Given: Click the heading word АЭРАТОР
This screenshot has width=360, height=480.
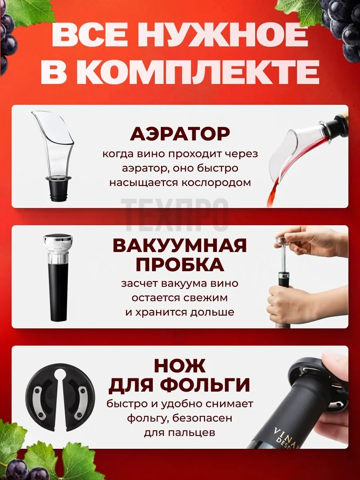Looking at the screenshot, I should click(180, 134).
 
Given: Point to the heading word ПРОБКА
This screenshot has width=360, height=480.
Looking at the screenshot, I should click(180, 264).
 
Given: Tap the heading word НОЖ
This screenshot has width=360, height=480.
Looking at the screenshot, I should click(180, 366).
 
